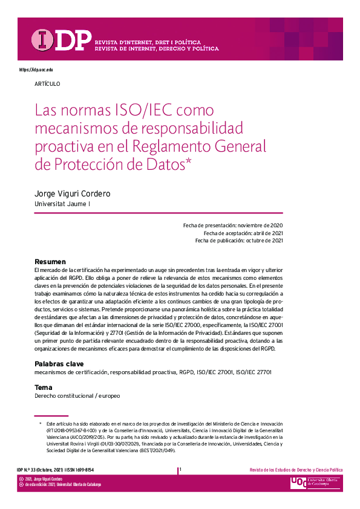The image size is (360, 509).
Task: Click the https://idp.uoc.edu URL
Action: pos(36,70)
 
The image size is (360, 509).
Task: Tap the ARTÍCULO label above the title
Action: pos(47,83)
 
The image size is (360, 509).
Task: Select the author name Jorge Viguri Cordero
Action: pos(73,193)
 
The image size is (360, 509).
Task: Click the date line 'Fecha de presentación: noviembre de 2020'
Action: pos(233,225)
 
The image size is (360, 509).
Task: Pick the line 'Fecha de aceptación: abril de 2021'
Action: pos(243,233)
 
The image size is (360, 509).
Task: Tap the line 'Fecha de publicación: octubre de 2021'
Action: pos(239,240)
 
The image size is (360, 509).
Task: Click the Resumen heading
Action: pos(50,261)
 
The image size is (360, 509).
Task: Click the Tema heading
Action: pos(44,387)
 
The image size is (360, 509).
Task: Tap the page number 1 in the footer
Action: pos(180,470)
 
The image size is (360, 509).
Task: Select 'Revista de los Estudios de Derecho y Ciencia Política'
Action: pos(296,470)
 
